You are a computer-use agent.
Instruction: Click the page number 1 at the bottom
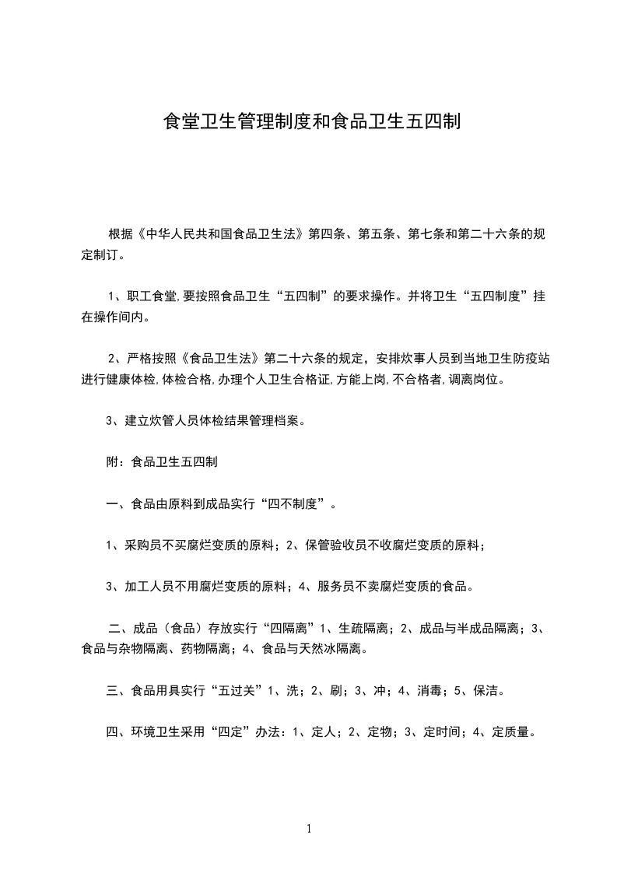coord(309,829)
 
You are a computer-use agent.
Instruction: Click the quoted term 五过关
coord(235,689)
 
